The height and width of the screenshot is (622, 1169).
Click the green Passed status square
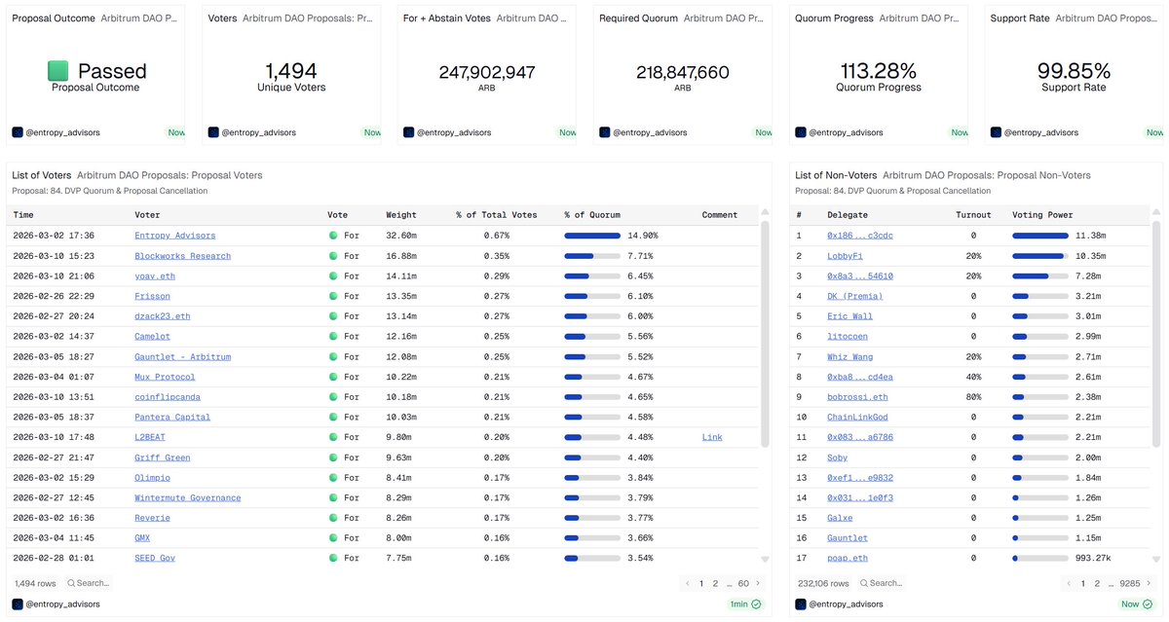(x=58, y=71)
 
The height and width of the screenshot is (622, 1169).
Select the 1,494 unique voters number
(x=291, y=71)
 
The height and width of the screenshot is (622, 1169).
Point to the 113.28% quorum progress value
(x=878, y=71)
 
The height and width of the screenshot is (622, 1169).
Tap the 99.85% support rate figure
(x=1074, y=71)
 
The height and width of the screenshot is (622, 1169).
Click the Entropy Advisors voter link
(x=175, y=236)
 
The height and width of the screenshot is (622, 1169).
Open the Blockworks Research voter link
(x=182, y=256)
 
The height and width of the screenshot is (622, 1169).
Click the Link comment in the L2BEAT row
(x=712, y=437)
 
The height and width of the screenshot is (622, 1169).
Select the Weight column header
(x=400, y=215)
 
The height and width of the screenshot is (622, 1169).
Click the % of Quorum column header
(x=591, y=215)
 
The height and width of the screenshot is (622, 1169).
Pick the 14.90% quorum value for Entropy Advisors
(x=642, y=236)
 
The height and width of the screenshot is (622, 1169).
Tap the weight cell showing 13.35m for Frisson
(x=402, y=296)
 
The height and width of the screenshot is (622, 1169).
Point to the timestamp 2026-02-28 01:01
(x=54, y=558)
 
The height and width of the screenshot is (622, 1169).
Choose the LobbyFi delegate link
(x=845, y=256)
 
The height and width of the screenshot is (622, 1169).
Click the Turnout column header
(x=973, y=215)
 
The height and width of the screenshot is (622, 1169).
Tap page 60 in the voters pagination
(x=743, y=583)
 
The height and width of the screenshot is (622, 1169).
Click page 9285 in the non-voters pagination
(x=1129, y=583)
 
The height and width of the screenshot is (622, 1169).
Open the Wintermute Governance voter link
(x=187, y=497)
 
